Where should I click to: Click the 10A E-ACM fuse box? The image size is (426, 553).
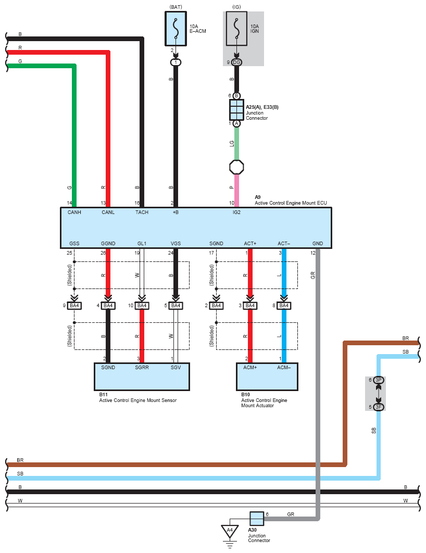click(x=176, y=30)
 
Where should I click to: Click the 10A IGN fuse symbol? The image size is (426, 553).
click(x=236, y=30)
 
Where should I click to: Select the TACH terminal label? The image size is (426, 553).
click(x=142, y=212)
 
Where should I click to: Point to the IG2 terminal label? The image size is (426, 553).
click(x=236, y=212)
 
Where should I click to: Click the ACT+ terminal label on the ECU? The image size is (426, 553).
click(x=250, y=243)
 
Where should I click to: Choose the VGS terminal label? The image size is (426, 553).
click(x=176, y=243)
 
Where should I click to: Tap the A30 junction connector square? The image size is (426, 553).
click(x=257, y=519)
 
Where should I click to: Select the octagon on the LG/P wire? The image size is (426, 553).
click(x=236, y=167)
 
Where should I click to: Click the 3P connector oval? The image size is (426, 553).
click(x=379, y=381)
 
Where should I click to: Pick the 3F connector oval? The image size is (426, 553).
click(x=379, y=407)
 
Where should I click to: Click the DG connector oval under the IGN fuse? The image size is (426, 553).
click(x=236, y=62)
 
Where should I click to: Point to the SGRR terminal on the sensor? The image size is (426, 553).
click(x=142, y=368)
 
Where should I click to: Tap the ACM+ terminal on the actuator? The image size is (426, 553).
click(x=250, y=368)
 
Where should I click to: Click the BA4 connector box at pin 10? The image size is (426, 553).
click(x=142, y=306)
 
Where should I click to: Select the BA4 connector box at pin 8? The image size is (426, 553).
click(x=284, y=306)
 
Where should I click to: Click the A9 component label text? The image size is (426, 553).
click(x=257, y=197)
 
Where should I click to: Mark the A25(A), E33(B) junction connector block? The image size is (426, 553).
click(x=236, y=110)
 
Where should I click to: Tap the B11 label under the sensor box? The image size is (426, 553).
click(x=103, y=395)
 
